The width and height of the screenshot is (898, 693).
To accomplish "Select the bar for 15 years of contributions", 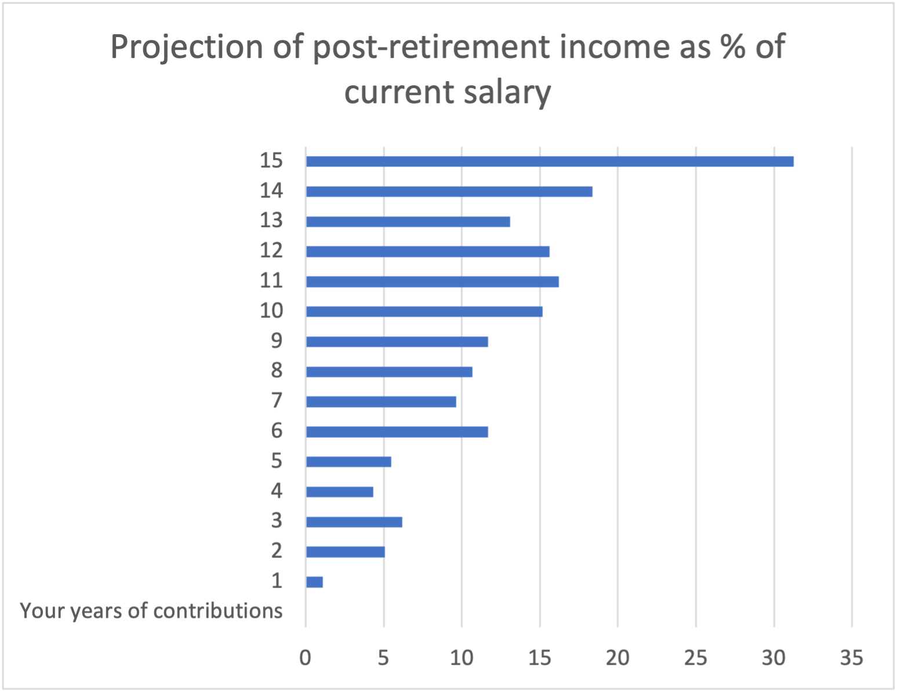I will [x=549, y=162].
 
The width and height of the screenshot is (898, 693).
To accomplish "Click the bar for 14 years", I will [x=449, y=192].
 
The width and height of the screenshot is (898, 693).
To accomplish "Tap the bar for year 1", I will [x=314, y=582].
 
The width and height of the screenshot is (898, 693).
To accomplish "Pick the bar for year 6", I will [x=397, y=432].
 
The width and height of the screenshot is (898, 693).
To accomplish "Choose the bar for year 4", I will [x=339, y=492].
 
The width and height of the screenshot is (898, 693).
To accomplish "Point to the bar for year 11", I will [x=432, y=282].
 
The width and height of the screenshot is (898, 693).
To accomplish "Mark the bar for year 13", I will [x=408, y=221].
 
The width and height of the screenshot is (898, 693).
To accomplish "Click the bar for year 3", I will [x=354, y=522].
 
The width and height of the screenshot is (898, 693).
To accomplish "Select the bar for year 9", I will [x=397, y=342].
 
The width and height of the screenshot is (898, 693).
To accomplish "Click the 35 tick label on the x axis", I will [x=851, y=658].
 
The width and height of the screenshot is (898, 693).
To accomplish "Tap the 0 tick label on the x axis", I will [x=305, y=658].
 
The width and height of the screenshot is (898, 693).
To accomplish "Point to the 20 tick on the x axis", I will [x=617, y=658].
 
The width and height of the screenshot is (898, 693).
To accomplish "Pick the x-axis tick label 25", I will [x=695, y=658].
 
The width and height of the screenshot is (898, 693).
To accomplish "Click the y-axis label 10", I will [x=271, y=311].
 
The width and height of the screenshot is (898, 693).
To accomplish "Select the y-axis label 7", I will [x=277, y=401].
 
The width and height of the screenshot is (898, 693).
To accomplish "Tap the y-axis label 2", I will [x=277, y=551].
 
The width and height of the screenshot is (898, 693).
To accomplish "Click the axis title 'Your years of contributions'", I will [x=151, y=611].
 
